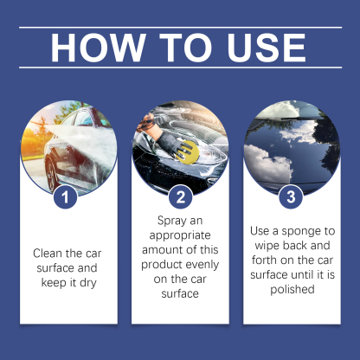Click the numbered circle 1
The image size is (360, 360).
[x=67, y=198]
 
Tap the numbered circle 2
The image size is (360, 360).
[x=180, y=198]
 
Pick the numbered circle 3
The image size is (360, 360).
[x=292, y=198]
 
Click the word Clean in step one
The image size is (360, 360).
[x=49, y=254]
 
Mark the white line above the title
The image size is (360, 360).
[x=179, y=27]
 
